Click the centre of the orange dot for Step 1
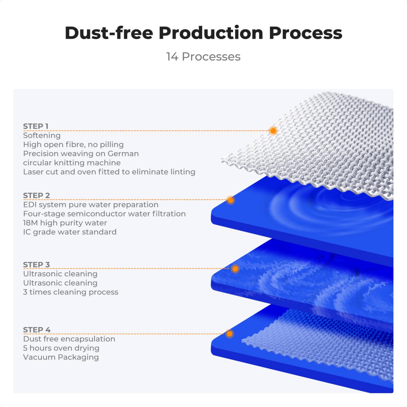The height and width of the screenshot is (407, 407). pyautogui.click(x=273, y=131)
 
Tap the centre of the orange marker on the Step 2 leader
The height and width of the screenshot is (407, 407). pyautogui.click(x=231, y=200)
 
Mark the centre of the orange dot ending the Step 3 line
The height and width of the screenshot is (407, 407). pyautogui.click(x=235, y=269)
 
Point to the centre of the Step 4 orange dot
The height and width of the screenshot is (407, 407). pyautogui.click(x=229, y=334)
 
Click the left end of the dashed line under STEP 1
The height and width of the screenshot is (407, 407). pyautogui.click(x=23, y=131)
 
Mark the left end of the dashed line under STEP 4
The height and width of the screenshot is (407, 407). pyautogui.click(x=23, y=334)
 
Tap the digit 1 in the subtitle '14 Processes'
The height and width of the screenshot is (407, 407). pyautogui.click(x=168, y=57)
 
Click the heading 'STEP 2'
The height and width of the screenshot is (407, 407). pyautogui.click(x=37, y=196)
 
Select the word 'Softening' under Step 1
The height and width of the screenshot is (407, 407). pyautogui.click(x=42, y=135)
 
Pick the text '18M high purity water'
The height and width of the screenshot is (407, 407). pyautogui.click(x=65, y=223)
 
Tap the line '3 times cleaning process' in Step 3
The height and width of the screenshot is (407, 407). pyautogui.click(x=71, y=292)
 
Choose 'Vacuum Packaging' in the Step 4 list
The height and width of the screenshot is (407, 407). pyautogui.click(x=61, y=357)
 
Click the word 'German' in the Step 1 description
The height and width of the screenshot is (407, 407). pyautogui.click(x=123, y=154)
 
